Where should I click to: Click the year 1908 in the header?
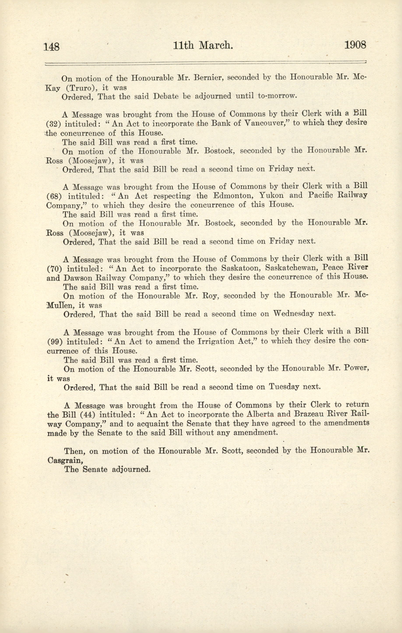[x=355, y=45]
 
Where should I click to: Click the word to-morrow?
[x=277, y=96]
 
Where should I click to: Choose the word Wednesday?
[x=293, y=314]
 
